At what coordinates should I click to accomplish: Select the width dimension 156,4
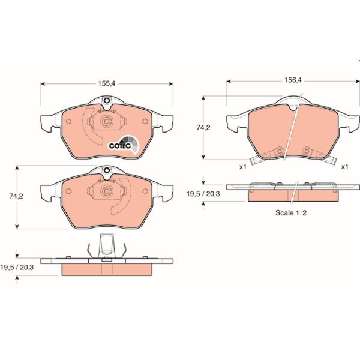pos(293,77)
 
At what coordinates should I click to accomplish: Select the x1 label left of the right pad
pos(243,166)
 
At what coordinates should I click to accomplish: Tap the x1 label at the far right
pos(344,166)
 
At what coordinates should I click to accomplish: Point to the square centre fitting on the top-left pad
pos(106,122)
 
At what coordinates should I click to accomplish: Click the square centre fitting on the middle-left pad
pos(106,192)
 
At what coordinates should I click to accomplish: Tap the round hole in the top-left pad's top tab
pos(106,101)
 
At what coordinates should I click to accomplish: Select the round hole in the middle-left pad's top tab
pos(106,171)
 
